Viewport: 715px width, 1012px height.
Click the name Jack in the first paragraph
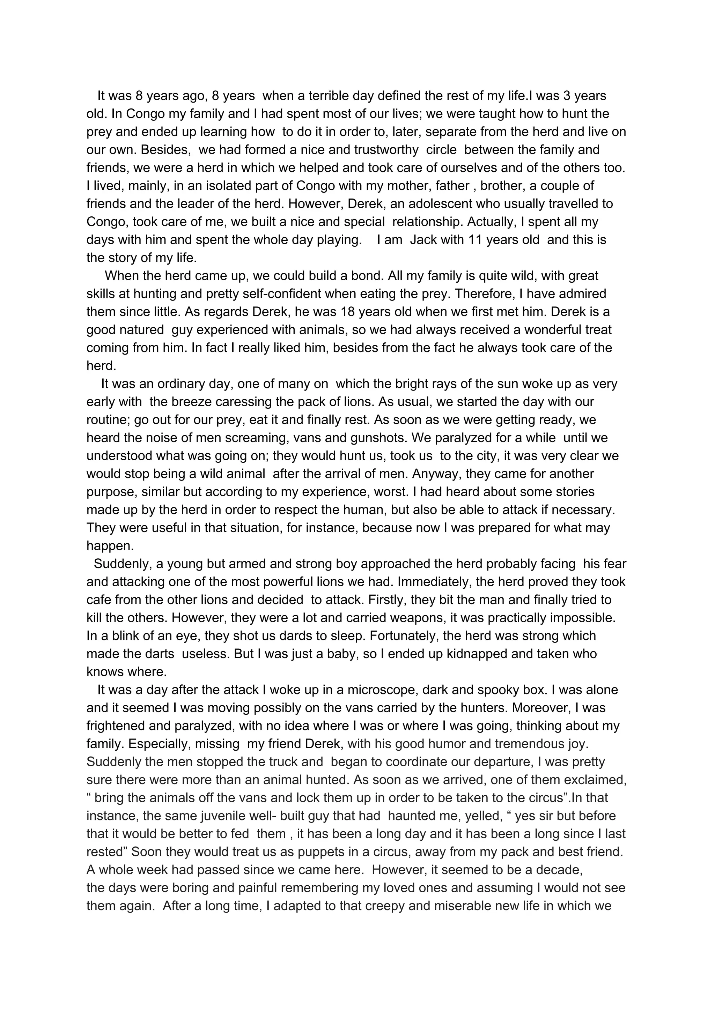coord(423,240)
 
